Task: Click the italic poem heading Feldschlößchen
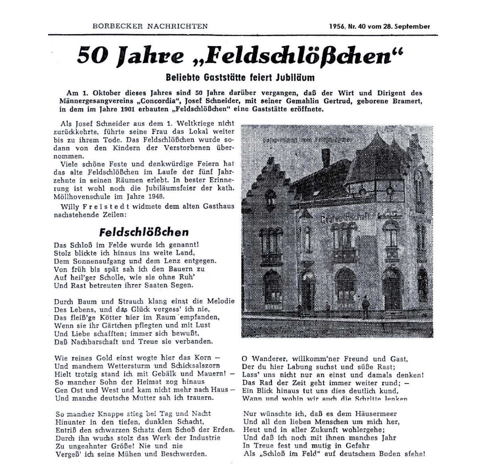143,232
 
